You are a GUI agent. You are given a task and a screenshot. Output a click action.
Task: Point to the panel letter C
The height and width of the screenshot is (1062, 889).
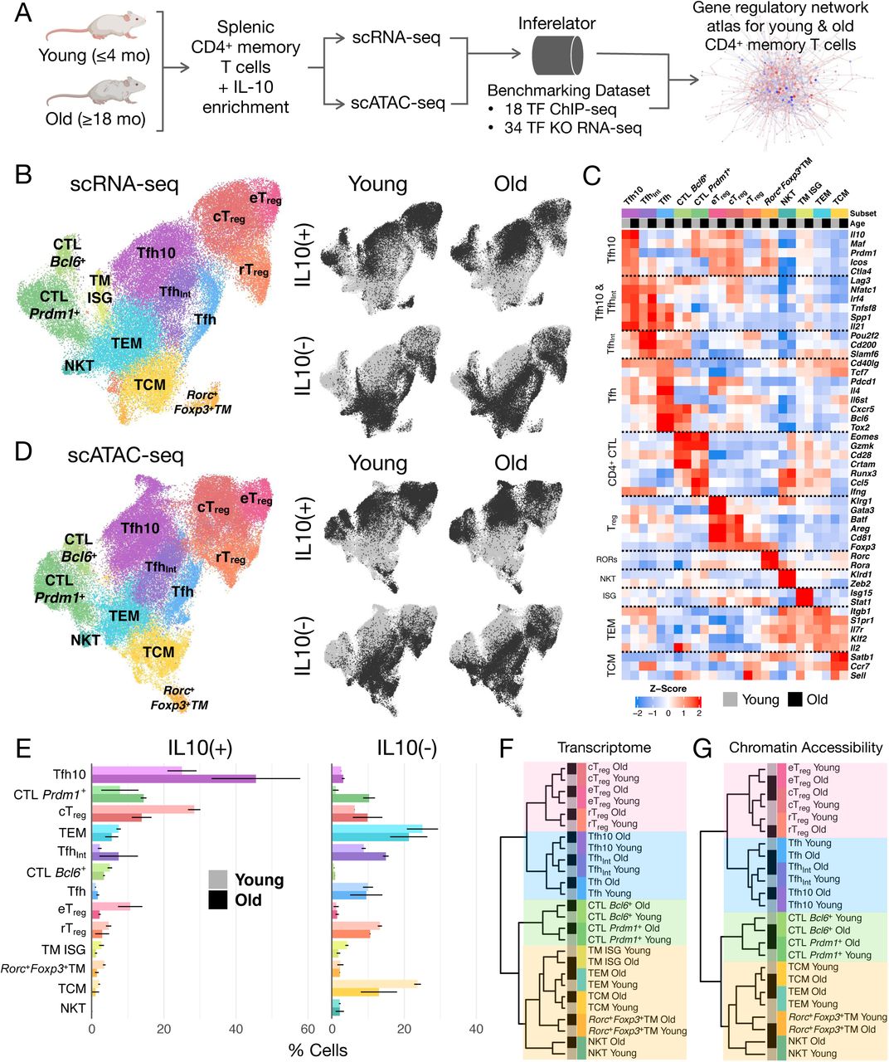coord(592,176)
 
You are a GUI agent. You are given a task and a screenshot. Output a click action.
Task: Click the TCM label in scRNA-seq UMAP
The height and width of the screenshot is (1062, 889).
coord(150,385)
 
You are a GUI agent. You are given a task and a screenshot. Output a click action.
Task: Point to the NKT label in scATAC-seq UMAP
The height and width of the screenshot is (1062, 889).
coord(85,640)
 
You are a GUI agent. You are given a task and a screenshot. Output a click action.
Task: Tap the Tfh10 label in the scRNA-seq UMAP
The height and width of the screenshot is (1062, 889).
coord(155,252)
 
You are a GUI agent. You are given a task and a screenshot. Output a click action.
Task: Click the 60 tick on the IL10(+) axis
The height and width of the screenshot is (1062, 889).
coord(308,1029)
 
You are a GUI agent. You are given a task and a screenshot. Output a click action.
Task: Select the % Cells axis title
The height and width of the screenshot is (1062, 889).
coord(318,1050)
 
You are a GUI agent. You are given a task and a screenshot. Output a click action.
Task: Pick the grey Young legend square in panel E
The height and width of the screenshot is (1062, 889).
coord(218,879)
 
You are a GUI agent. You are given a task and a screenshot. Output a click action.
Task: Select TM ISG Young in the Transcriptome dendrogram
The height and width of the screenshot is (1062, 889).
coord(619,951)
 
